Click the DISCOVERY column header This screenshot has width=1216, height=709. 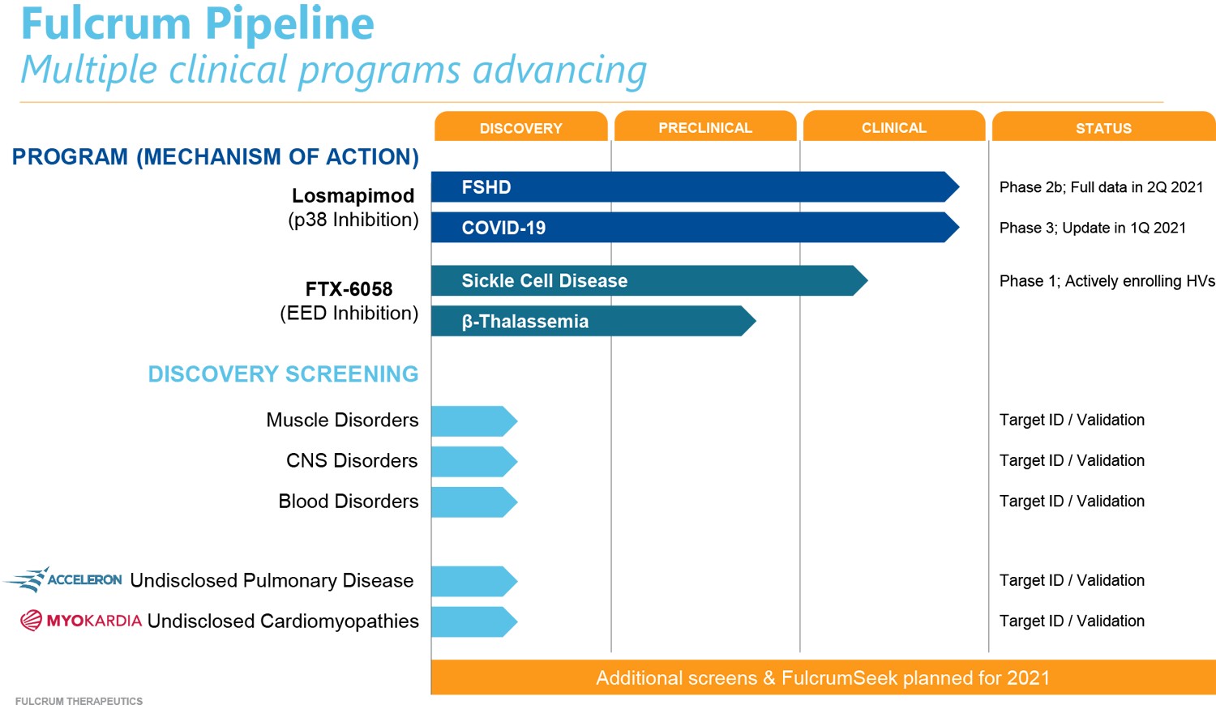coord(520,129)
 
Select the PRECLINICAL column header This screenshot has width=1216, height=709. coord(705,128)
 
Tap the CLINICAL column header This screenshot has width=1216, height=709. coord(893,128)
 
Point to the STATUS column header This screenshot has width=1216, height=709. coord(1103,129)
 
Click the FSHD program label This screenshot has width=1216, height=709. coord(486,187)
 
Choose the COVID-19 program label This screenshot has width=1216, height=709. coord(503,228)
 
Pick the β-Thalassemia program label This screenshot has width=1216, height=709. coord(525,322)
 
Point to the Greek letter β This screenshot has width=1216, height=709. coord(467,322)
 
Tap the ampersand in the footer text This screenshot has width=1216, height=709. coord(769,678)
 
